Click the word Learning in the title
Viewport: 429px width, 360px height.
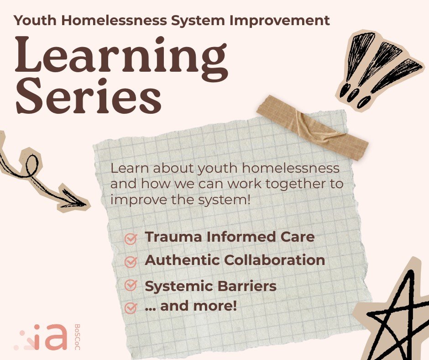(x=121, y=58)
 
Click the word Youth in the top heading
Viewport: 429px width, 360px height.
(x=31, y=20)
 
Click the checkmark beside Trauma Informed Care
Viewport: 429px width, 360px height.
(x=131, y=238)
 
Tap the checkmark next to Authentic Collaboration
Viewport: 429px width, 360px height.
(x=131, y=262)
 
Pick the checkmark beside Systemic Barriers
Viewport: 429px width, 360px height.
(x=131, y=286)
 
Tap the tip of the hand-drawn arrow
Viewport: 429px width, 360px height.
(x=84, y=202)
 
